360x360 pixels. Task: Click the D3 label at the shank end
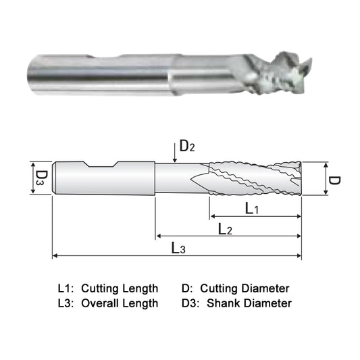tap(41, 179)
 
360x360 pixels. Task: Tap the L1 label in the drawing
tap(251, 209)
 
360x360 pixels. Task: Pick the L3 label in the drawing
tap(178, 249)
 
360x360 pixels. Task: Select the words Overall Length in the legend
tap(120, 303)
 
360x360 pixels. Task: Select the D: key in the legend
tap(188, 288)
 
